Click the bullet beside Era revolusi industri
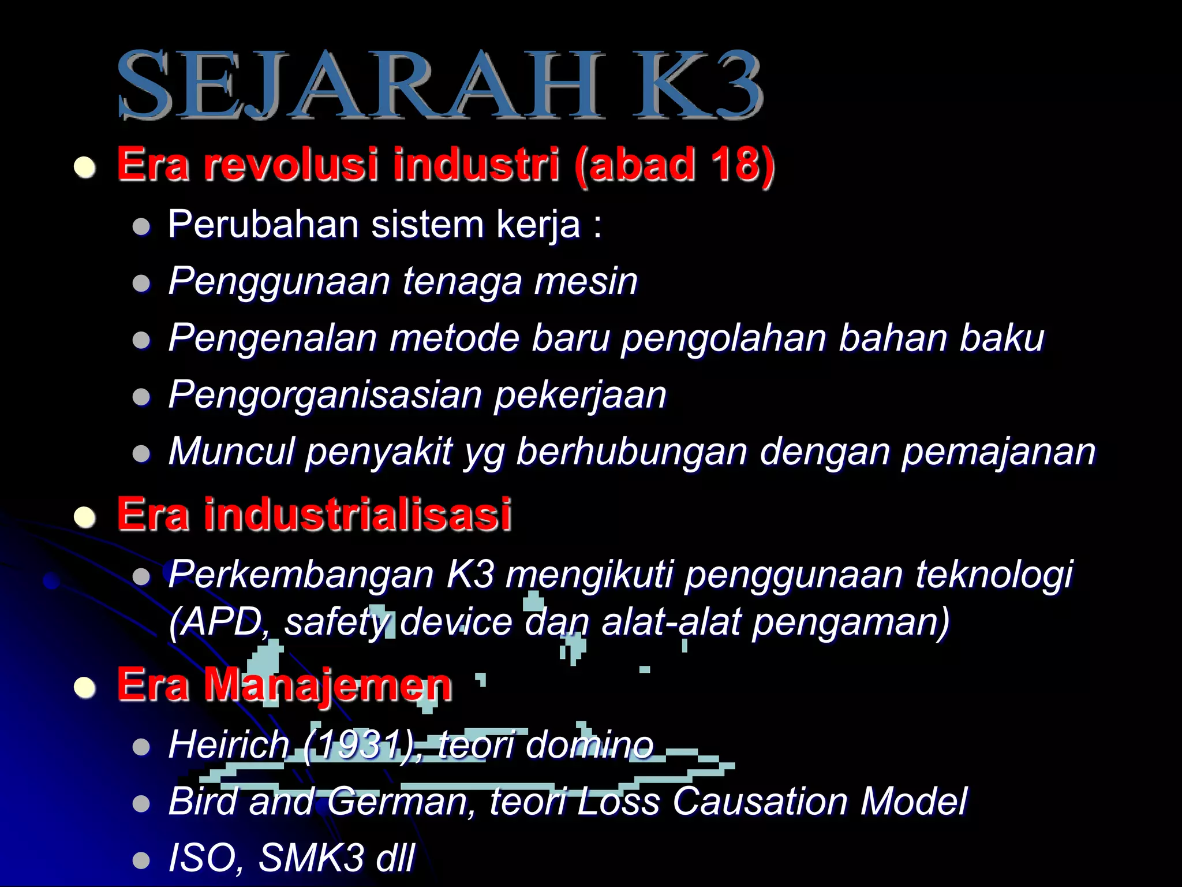tap(85, 167)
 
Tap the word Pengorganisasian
tap(326, 395)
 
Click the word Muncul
tap(231, 451)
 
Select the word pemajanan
tap(998, 451)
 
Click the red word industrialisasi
tap(357, 514)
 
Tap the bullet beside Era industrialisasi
tap(85, 517)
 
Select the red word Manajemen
tap(327, 685)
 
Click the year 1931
tap(357, 744)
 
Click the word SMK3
tap(311, 858)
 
